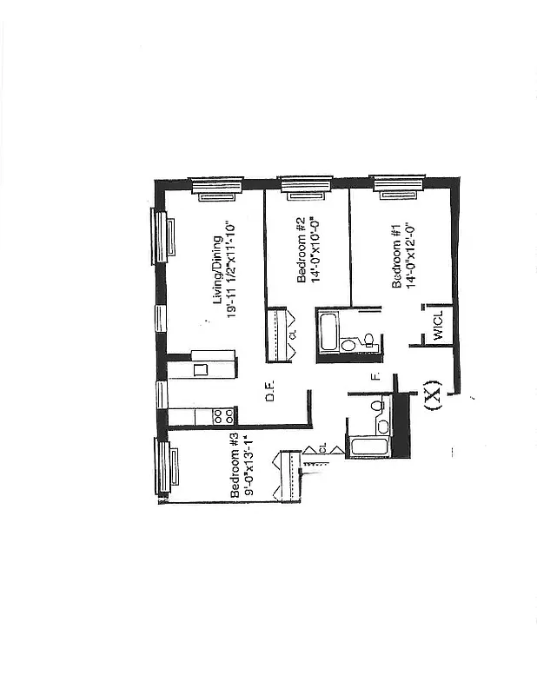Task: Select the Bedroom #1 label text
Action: click(x=396, y=257)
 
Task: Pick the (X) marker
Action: click(x=433, y=396)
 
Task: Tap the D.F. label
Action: click(x=270, y=394)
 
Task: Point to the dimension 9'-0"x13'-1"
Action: click(x=249, y=467)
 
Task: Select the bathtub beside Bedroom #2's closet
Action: click(x=330, y=332)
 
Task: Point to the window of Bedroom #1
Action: click(x=398, y=186)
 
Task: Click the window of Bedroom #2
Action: click(x=305, y=186)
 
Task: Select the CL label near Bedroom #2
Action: click(x=293, y=334)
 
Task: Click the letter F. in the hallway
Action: click(x=375, y=377)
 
